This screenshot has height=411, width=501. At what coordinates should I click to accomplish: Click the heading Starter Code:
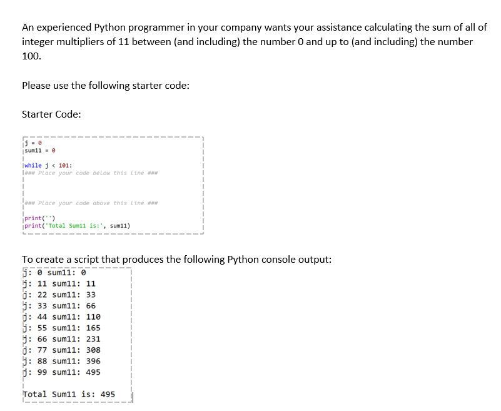click(51, 114)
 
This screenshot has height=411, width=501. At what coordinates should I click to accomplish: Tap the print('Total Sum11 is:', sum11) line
click(76, 225)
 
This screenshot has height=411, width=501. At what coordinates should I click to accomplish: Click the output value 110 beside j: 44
click(93, 317)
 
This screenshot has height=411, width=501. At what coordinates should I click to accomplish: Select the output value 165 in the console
click(93, 328)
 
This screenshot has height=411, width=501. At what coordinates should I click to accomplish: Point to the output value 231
click(93, 339)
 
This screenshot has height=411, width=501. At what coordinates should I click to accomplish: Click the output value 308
click(93, 350)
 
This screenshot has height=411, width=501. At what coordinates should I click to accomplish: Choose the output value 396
click(93, 361)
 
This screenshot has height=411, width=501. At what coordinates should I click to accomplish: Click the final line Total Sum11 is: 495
click(69, 394)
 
